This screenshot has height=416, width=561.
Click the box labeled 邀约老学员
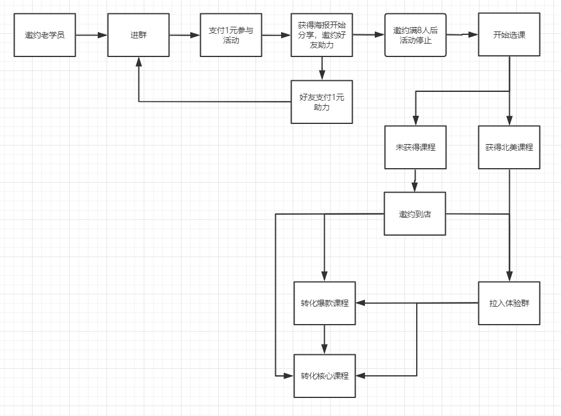click(45, 35)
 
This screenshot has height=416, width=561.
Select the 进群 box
click(139, 35)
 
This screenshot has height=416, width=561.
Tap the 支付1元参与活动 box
click(231, 35)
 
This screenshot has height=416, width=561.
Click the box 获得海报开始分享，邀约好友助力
click(322, 35)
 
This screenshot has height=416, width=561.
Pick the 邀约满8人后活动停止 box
click(416, 35)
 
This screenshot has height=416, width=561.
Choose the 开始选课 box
click(509, 35)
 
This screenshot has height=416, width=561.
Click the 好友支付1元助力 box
click(322, 102)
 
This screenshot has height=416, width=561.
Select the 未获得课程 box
click(416, 147)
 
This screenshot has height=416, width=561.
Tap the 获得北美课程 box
click(509, 147)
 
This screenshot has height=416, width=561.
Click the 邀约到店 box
click(416, 214)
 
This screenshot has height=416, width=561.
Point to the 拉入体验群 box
click(509, 303)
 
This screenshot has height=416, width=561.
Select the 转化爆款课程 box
click(325, 303)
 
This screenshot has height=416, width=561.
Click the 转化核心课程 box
click(325, 376)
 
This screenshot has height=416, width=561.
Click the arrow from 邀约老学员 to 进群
click(91, 35)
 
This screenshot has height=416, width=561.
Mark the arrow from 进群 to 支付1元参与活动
click(184, 35)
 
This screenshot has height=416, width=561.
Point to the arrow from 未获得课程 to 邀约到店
click(415, 180)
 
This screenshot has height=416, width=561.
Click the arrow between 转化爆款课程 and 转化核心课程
click(325, 340)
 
